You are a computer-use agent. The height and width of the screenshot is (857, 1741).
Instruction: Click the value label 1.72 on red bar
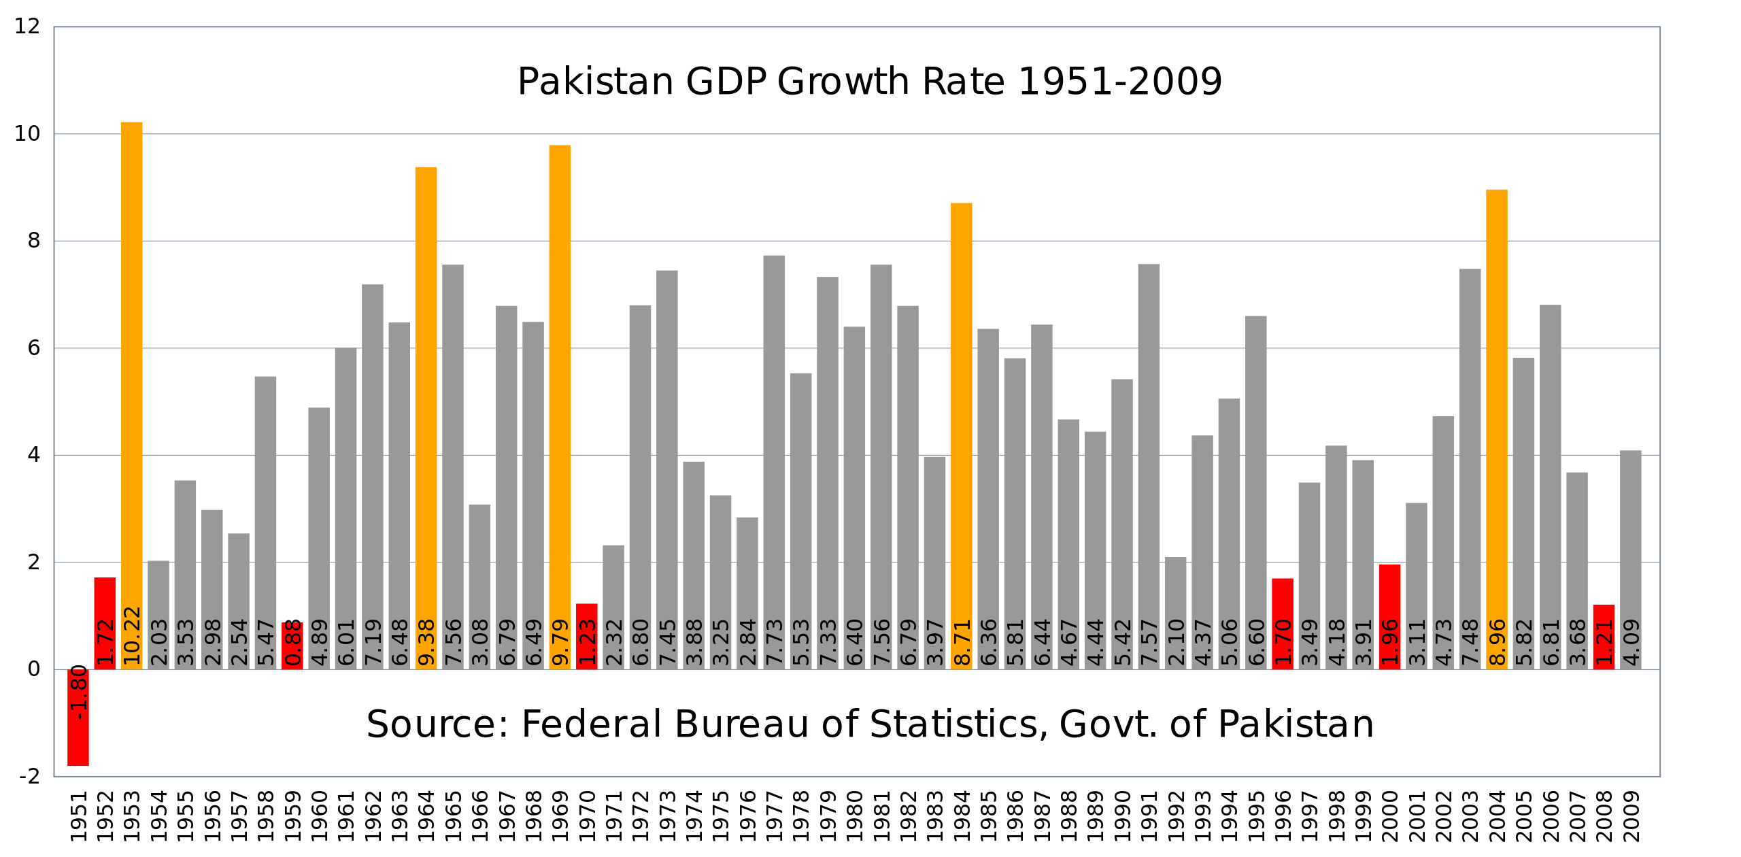click(105, 642)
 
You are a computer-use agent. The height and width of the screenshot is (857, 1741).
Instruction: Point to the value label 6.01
click(346, 642)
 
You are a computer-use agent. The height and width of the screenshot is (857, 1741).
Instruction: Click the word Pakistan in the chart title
click(595, 82)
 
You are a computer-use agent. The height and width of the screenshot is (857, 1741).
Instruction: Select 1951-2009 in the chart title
click(1120, 82)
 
